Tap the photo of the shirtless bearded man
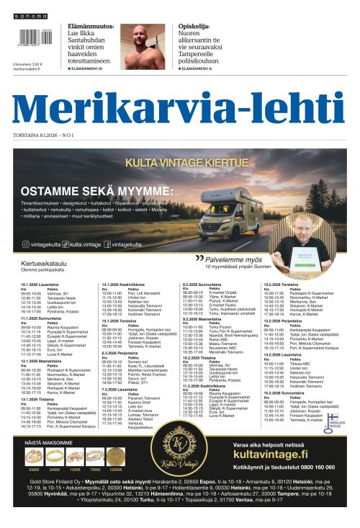coord(147,46)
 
